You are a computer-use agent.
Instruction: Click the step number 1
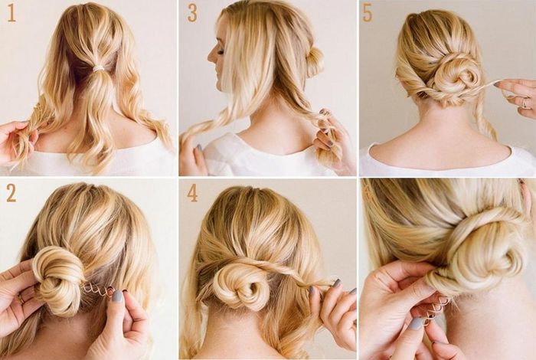[x=11, y=14]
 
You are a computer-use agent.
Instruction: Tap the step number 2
[x=11, y=193]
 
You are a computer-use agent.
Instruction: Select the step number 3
[x=192, y=14]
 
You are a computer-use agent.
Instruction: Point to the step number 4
[x=192, y=193]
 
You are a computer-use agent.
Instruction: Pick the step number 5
[x=367, y=14]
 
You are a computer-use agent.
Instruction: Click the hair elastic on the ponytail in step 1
[x=99, y=68]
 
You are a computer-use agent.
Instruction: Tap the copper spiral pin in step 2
[x=99, y=288]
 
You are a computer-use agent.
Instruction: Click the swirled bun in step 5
[x=456, y=77]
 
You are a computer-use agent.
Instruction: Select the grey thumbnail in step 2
[x=117, y=296]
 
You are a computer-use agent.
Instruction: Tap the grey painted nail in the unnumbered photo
[x=416, y=323]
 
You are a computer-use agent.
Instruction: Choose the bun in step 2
[x=58, y=278]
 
